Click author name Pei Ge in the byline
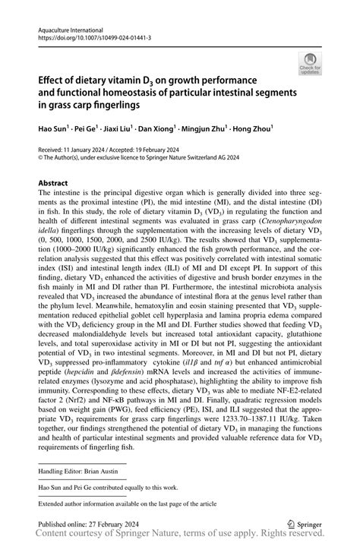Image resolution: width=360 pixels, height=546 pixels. click(90, 130)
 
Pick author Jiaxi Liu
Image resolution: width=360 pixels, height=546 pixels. click(121, 130)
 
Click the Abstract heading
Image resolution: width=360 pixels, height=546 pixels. click(53, 183)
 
